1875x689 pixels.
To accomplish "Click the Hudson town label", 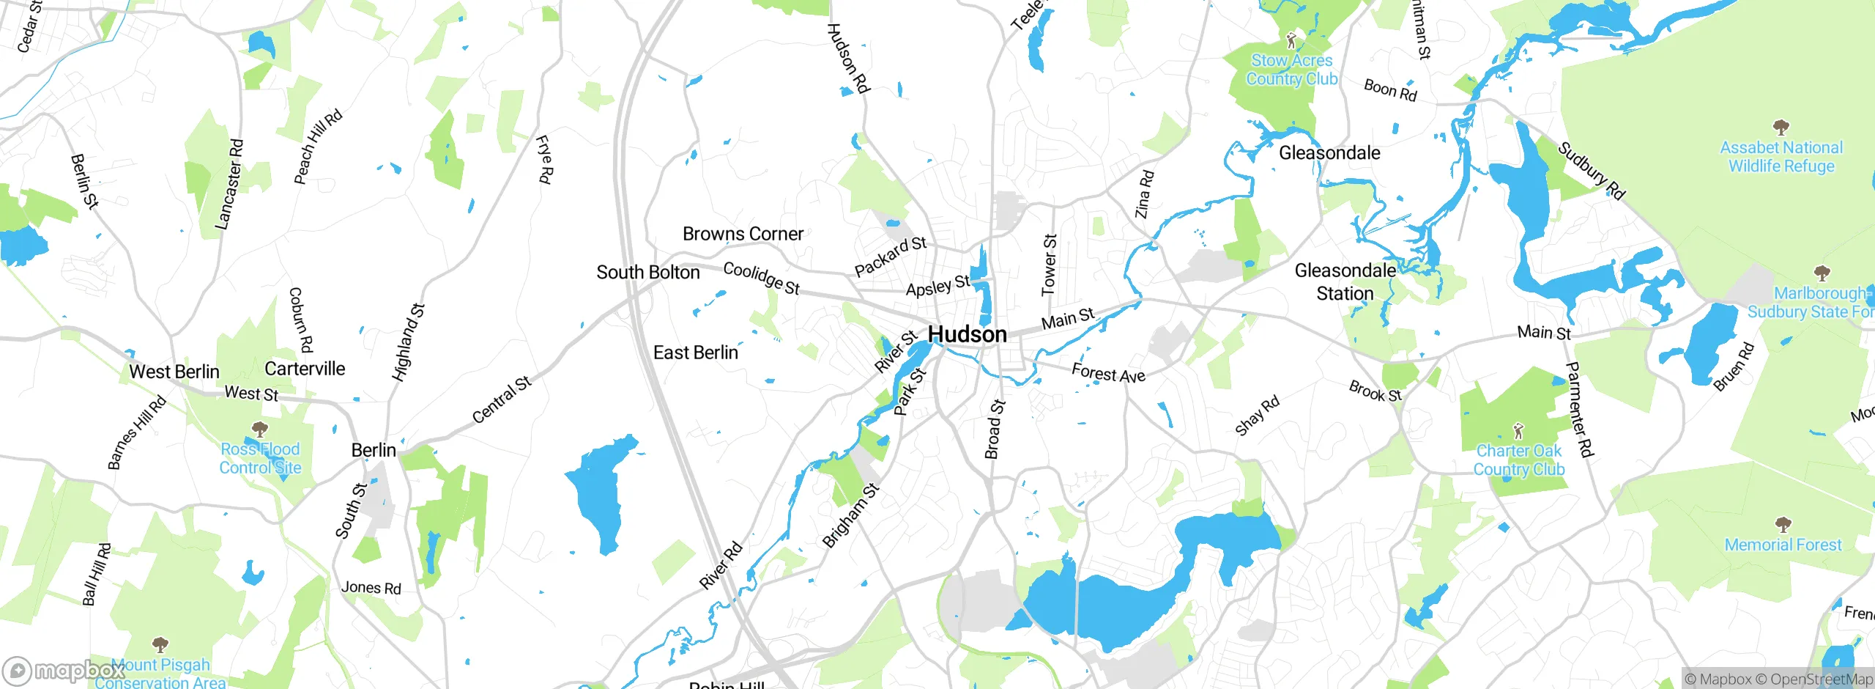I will (x=967, y=335).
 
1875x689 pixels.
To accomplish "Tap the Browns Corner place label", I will (x=743, y=234).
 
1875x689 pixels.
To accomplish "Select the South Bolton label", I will (x=647, y=273).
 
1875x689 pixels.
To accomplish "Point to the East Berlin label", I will (x=695, y=353).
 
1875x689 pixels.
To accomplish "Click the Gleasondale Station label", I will (x=1345, y=282).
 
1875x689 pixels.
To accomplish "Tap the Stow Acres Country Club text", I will (x=1291, y=70).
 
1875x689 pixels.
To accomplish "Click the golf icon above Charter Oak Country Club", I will (x=1518, y=430).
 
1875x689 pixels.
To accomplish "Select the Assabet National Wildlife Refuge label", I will (x=1781, y=157).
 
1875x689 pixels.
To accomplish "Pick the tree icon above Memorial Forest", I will (x=1783, y=525).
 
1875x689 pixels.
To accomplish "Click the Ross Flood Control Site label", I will (x=260, y=458).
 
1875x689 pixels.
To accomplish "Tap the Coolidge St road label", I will (x=761, y=279).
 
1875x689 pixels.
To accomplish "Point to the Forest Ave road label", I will (x=1107, y=373).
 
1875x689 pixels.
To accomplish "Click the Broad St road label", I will (x=994, y=429).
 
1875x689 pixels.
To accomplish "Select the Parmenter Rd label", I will (x=1579, y=410).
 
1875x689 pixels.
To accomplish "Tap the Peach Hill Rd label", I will (x=317, y=147).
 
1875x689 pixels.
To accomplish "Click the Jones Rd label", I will (x=371, y=588).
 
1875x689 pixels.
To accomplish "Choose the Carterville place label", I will (x=304, y=369).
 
